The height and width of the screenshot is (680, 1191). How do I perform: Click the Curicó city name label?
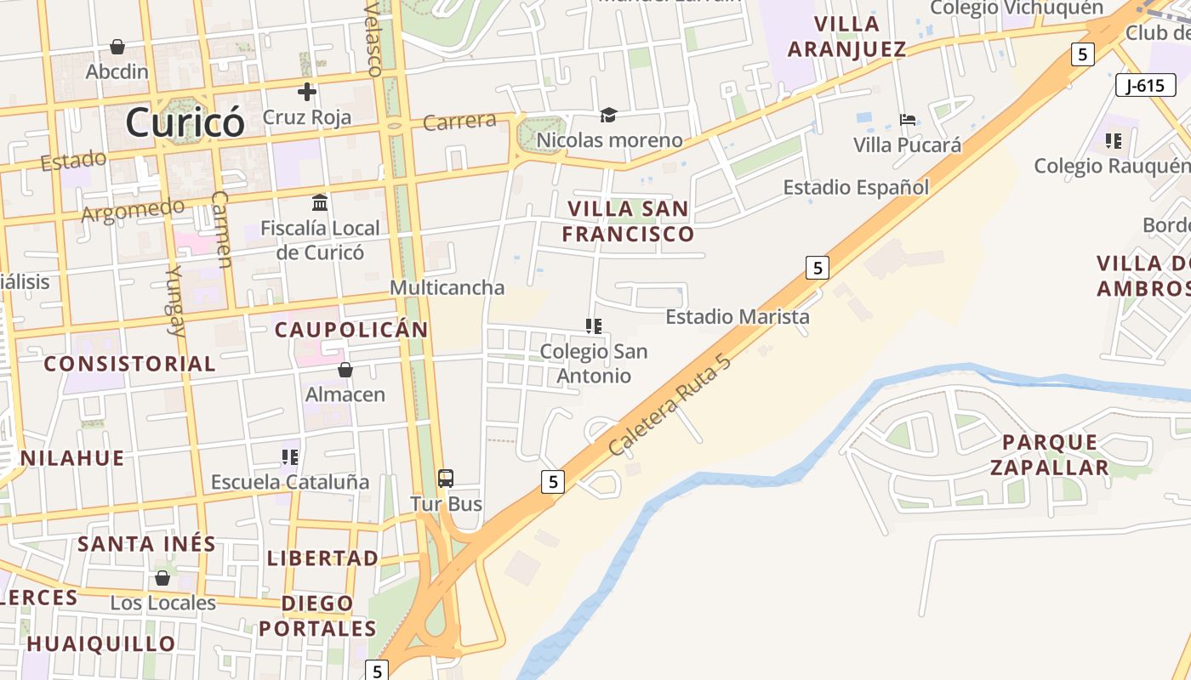tap(185, 122)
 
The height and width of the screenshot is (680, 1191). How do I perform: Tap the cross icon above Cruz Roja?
tap(307, 92)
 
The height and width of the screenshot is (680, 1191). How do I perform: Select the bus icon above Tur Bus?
tap(446, 478)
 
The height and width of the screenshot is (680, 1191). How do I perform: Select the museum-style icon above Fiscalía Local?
tap(320, 203)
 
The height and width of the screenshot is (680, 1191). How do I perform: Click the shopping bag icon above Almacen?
tap(345, 370)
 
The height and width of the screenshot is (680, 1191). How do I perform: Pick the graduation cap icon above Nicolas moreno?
tap(608, 116)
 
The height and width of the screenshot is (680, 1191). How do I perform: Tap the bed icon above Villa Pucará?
tap(908, 120)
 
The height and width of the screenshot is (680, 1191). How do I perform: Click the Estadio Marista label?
tap(738, 317)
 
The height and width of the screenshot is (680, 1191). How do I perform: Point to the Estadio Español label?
tap(856, 187)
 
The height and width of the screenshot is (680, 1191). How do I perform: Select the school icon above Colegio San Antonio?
tap(594, 326)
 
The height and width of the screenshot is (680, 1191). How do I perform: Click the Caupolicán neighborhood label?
tap(351, 330)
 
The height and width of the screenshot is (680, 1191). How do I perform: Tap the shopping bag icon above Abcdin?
tap(117, 46)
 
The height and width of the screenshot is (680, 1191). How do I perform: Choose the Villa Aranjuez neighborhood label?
tap(846, 36)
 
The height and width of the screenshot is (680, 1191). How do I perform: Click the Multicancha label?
tap(447, 287)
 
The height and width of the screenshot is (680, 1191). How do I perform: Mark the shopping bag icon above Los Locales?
tap(162, 578)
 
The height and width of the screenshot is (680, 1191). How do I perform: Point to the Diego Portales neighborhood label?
tap(317, 616)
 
